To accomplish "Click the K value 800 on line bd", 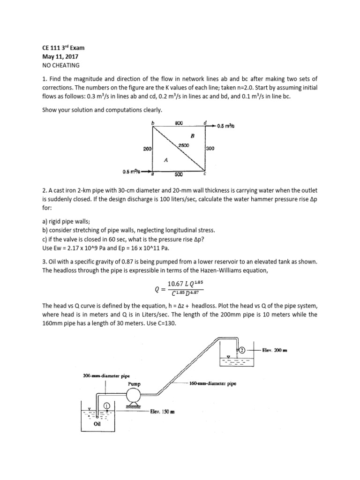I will point(178,123).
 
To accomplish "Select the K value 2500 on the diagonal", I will point(183,145).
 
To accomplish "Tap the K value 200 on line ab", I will point(147,149).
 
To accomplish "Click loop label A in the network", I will point(165,159).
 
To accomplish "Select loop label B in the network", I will point(192,135).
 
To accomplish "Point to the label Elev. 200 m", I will point(272,350).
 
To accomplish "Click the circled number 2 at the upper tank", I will point(242,350).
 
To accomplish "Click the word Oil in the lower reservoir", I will point(97,424).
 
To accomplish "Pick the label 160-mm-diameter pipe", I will point(213,383).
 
